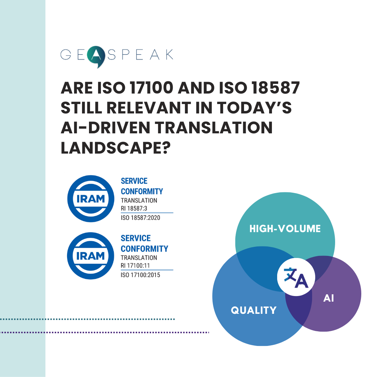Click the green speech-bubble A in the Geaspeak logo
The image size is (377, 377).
click(x=96, y=56)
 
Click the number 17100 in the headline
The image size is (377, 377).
click(x=151, y=88)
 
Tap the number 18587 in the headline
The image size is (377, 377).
click(x=275, y=88)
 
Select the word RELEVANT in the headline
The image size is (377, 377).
click(x=149, y=108)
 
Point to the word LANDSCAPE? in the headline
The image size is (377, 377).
click(x=116, y=148)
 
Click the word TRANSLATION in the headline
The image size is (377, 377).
click(x=214, y=127)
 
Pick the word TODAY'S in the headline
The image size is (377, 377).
click(x=254, y=108)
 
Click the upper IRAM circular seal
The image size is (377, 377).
click(x=91, y=199)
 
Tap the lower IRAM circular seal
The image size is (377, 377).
click(x=90, y=256)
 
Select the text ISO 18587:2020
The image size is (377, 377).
click(x=140, y=218)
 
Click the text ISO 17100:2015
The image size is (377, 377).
click(x=140, y=275)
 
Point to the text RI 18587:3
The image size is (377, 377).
click(x=134, y=208)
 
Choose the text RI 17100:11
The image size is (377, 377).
click(x=135, y=266)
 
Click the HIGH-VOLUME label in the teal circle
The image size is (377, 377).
click(x=285, y=229)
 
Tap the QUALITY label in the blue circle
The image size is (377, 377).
click(x=254, y=310)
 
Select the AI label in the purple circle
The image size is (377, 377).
click(x=328, y=298)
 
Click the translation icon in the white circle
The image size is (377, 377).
click(x=296, y=277)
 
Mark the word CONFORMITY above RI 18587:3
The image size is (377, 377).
click(x=142, y=191)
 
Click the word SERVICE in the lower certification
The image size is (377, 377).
click(x=135, y=238)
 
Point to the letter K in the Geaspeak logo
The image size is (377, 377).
click(x=169, y=54)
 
